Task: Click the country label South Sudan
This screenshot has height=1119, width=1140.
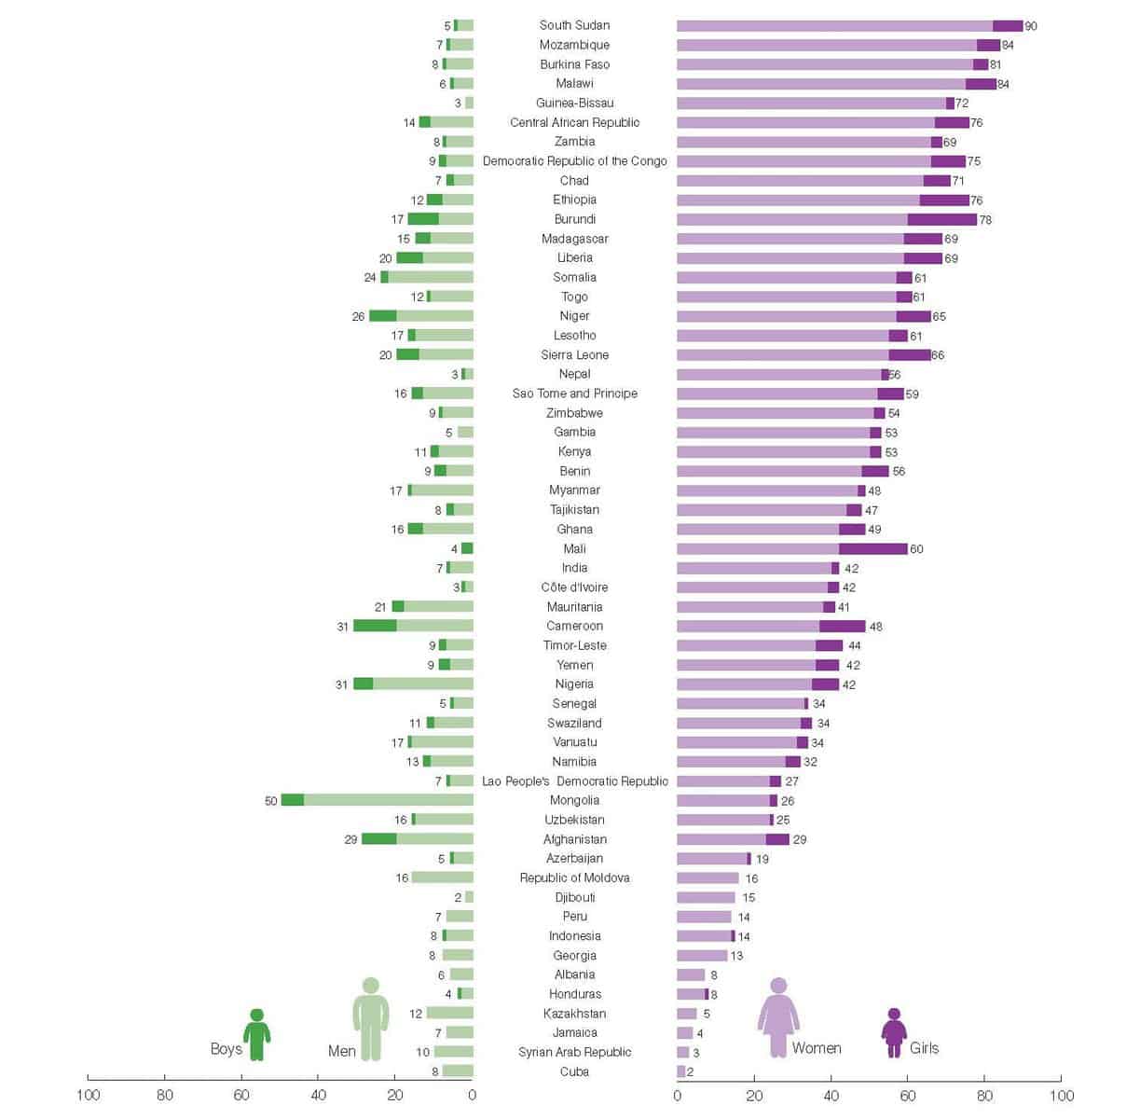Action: pos(574,25)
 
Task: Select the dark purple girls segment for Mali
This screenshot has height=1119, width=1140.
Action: pos(873,549)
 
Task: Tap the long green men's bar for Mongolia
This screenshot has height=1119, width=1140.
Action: pos(388,800)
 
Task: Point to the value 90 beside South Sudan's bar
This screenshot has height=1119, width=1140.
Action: pos(1030,26)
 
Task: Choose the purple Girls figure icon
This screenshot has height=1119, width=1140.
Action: pos(894,1032)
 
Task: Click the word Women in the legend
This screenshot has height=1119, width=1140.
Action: pos(817,1048)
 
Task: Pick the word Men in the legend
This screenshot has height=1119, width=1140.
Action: pos(342,1051)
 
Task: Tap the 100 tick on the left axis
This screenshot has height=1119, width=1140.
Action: pos(88,1095)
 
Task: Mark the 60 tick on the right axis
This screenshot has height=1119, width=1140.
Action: pos(908,1095)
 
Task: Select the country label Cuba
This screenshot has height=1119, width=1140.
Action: pos(574,1071)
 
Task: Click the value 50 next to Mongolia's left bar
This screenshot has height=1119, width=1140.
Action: pos(271,801)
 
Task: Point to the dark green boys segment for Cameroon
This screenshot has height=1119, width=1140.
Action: pos(375,626)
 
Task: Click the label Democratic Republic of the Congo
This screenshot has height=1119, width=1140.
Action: pos(574,161)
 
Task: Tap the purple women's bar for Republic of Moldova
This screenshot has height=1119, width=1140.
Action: pos(707,878)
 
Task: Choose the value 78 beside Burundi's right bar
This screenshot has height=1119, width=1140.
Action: pos(985,220)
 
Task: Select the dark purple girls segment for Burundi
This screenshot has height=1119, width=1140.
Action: pos(942,219)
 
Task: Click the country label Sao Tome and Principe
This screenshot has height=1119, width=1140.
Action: pos(574,394)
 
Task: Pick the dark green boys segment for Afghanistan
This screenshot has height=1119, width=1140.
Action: pos(379,839)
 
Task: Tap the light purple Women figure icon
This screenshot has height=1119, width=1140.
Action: pos(778,1016)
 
